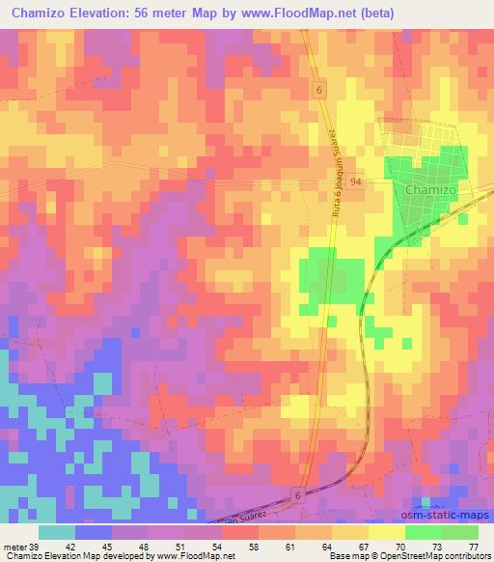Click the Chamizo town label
click(x=431, y=190)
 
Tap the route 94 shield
click(x=356, y=182)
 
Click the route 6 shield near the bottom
click(x=297, y=494)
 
